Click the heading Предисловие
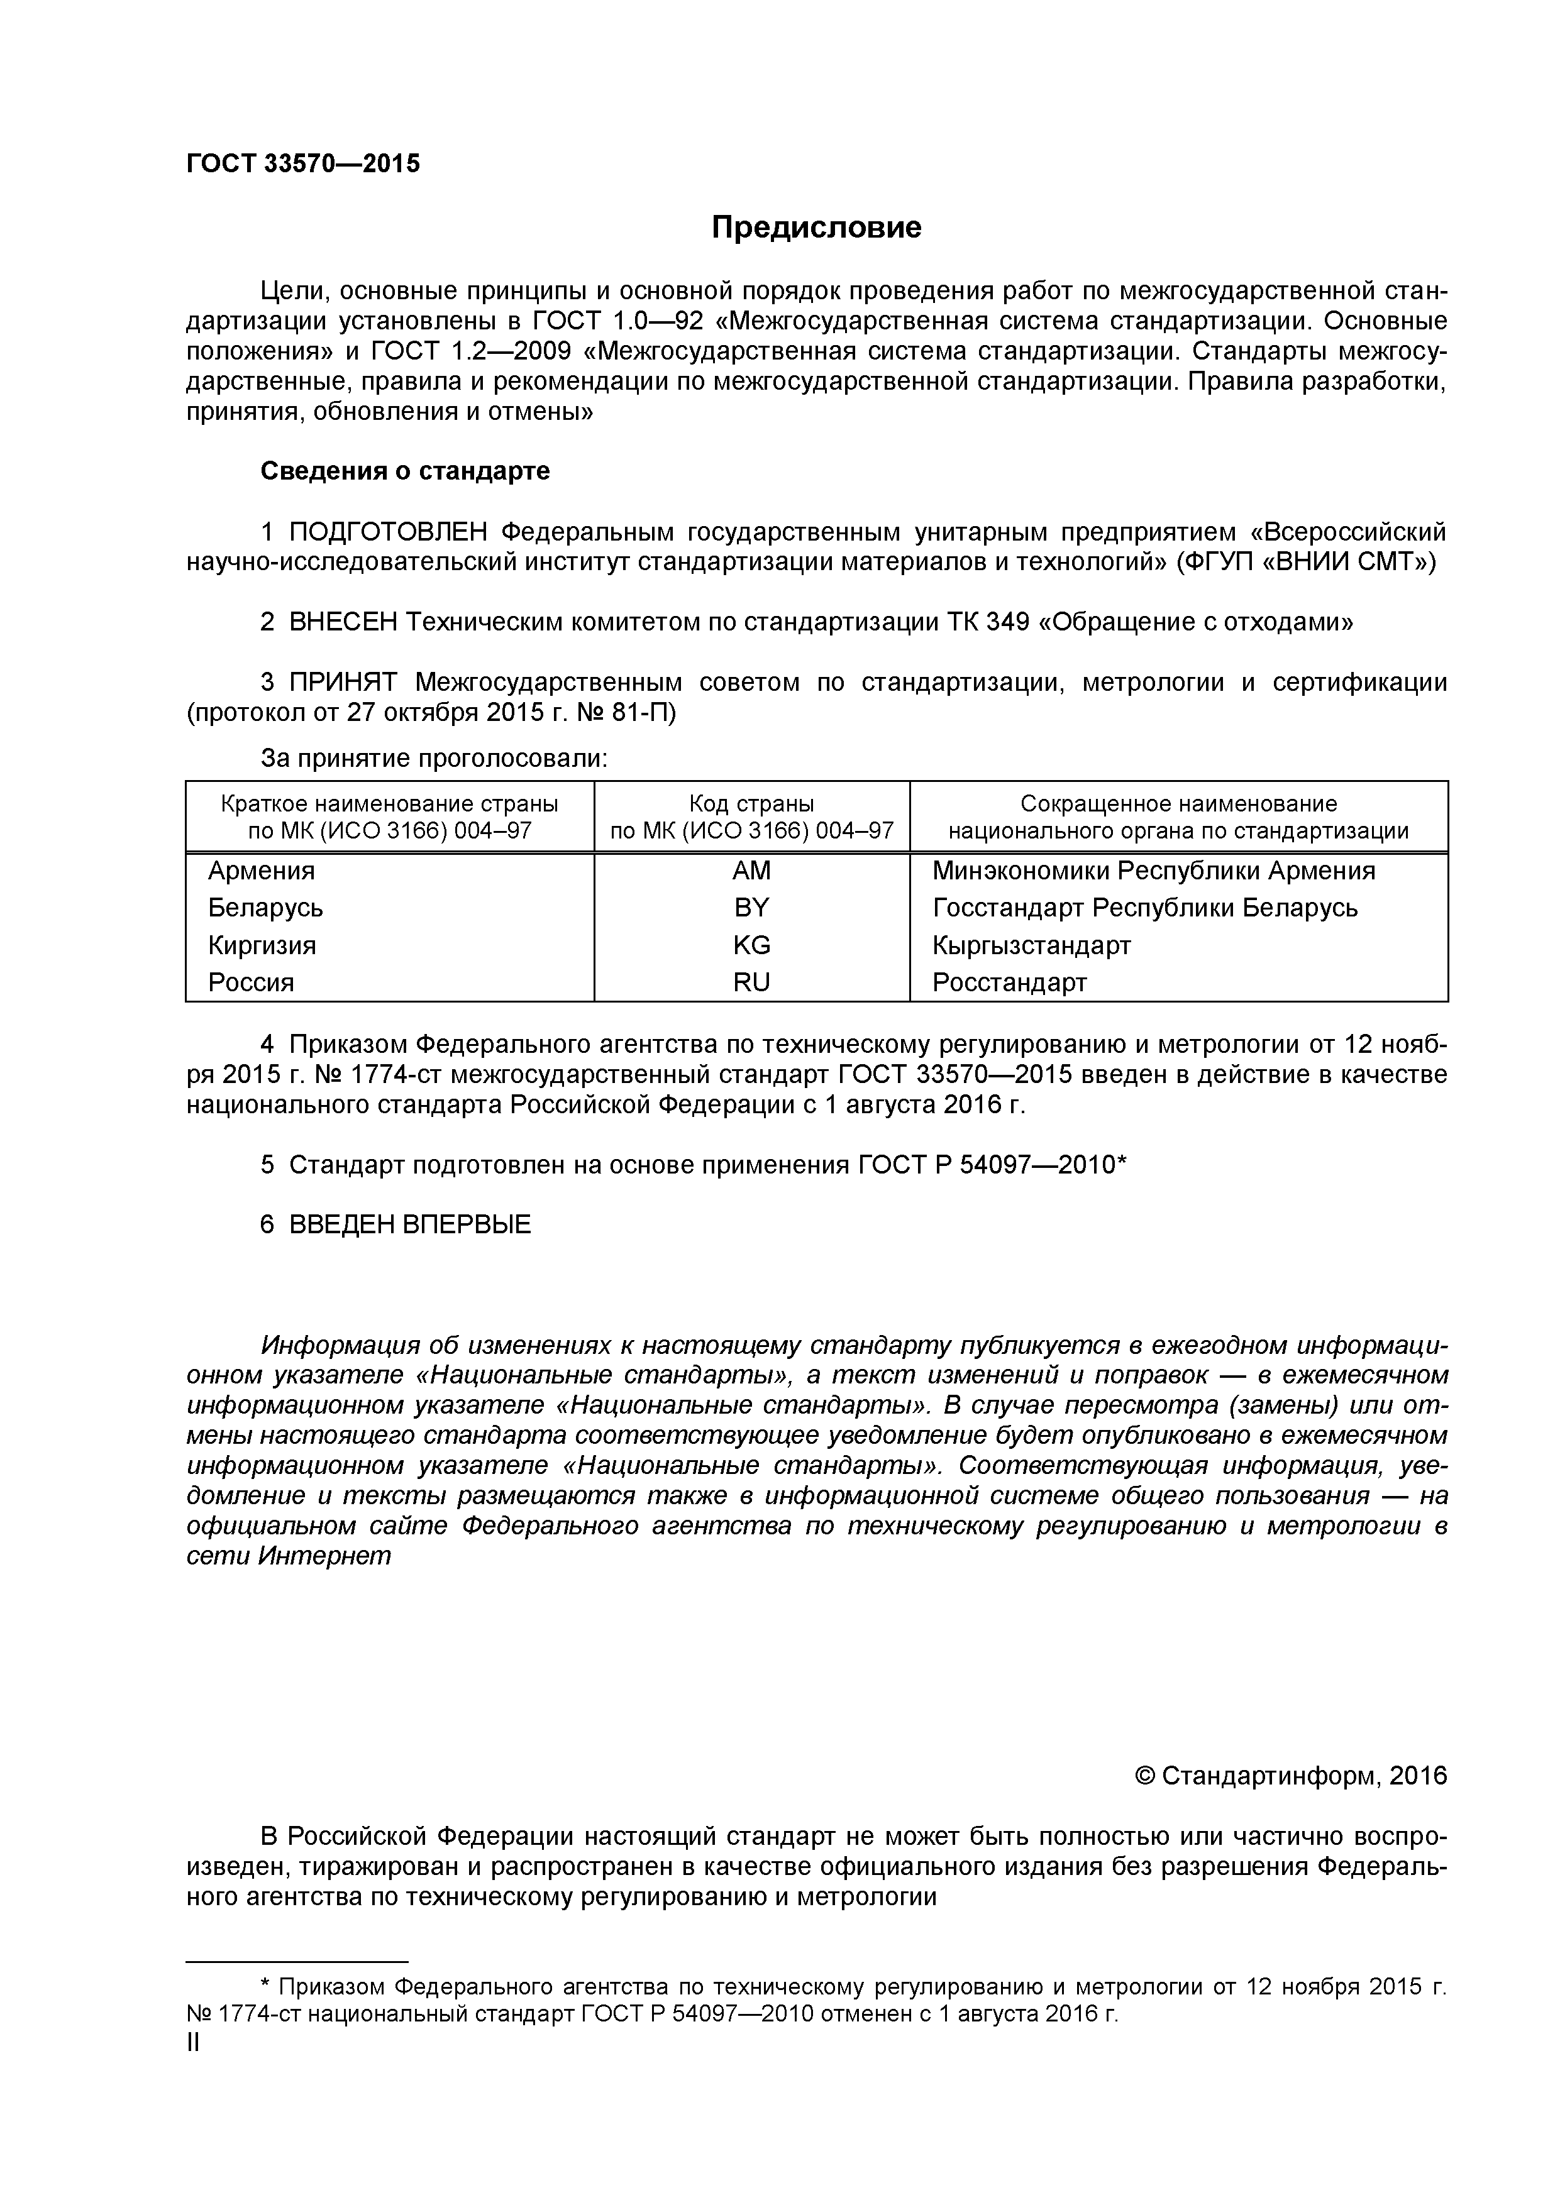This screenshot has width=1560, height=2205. pyautogui.click(x=816, y=228)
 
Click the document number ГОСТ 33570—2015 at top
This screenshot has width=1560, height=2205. pyautogui.click(x=302, y=164)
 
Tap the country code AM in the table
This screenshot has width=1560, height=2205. pyautogui.click(x=751, y=871)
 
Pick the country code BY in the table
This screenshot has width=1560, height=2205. pyautogui.click(x=751, y=908)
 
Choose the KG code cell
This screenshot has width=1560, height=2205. pyautogui.click(x=751, y=945)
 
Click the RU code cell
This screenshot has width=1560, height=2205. pyautogui.click(x=751, y=982)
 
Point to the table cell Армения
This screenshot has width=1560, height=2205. pyautogui.click(x=262, y=871)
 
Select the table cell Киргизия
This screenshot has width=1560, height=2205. pyautogui.click(x=262, y=945)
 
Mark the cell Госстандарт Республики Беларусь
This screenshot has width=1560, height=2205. pyautogui.click(x=1144, y=908)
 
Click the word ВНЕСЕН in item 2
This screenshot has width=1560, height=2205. pyautogui.click(x=343, y=622)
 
